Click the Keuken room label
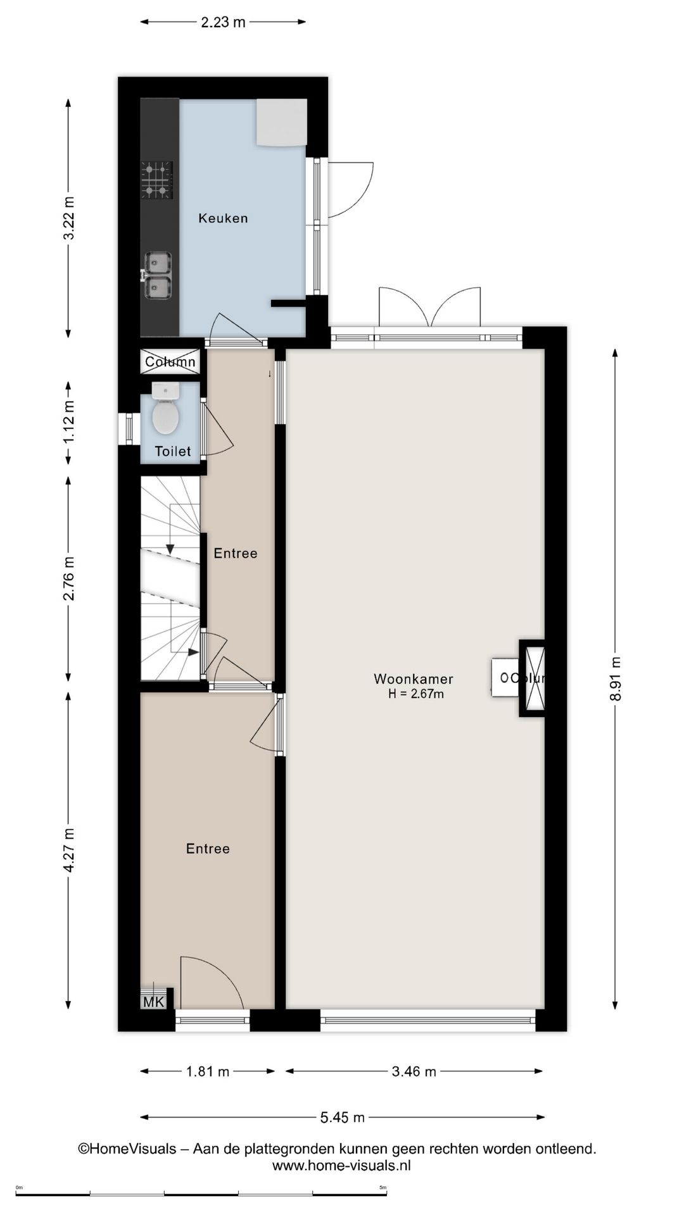(x=223, y=218)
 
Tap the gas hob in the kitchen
(x=156, y=180)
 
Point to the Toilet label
(x=173, y=451)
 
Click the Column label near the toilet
(x=170, y=362)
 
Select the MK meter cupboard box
(x=154, y=1002)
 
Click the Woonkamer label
(x=413, y=679)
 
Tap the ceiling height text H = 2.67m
(x=416, y=694)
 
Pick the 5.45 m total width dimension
(x=342, y=1118)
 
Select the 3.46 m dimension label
(x=414, y=1071)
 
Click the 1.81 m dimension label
(x=208, y=1071)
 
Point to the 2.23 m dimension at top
(x=223, y=22)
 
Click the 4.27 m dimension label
(x=69, y=850)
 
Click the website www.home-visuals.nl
(x=341, y=1165)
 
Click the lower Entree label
(x=208, y=849)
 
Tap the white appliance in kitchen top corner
(x=282, y=121)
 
